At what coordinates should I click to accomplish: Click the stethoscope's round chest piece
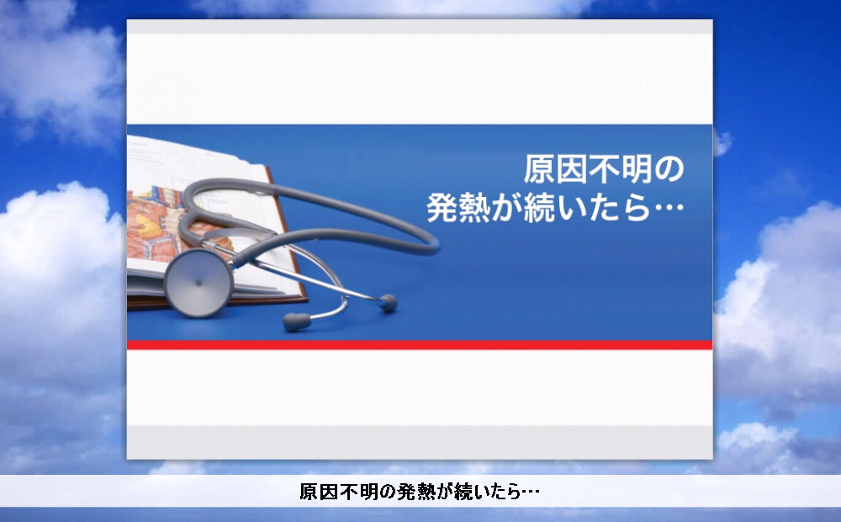(198, 283)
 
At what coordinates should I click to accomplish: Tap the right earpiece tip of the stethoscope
(388, 303)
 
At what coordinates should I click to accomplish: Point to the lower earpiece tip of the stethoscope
(297, 322)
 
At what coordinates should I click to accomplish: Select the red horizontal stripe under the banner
(420, 345)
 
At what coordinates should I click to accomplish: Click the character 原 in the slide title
(539, 169)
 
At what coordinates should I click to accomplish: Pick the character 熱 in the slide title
(474, 208)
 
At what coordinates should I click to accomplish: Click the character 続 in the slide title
(540, 208)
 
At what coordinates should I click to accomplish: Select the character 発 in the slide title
(442, 208)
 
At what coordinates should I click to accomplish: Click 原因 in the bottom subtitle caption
(319, 492)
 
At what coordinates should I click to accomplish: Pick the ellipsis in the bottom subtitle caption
(530, 492)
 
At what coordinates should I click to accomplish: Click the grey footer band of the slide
(420, 443)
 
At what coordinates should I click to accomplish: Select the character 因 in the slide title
(572, 169)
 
